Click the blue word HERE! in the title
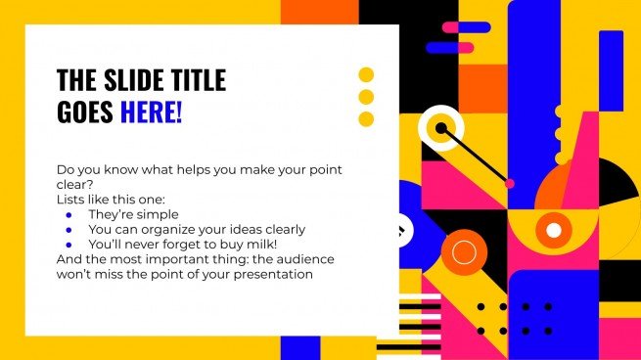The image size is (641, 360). click(151, 112)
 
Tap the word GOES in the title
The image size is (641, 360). click(85, 112)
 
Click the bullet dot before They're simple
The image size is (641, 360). click(69, 214)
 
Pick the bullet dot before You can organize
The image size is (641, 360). click(69, 230)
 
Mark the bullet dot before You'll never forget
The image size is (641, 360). click(69, 245)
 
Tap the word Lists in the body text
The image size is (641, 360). click(73, 199)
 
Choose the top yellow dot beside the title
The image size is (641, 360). click(367, 74)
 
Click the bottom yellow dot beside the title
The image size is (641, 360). click(367, 119)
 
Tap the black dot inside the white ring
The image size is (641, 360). click(441, 127)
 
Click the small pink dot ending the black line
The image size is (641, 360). click(509, 183)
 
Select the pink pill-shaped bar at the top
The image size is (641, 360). click(466, 27)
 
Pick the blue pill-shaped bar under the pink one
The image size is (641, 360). click(450, 47)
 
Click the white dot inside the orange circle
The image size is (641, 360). click(554, 230)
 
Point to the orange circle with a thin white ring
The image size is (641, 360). click(464, 253)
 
